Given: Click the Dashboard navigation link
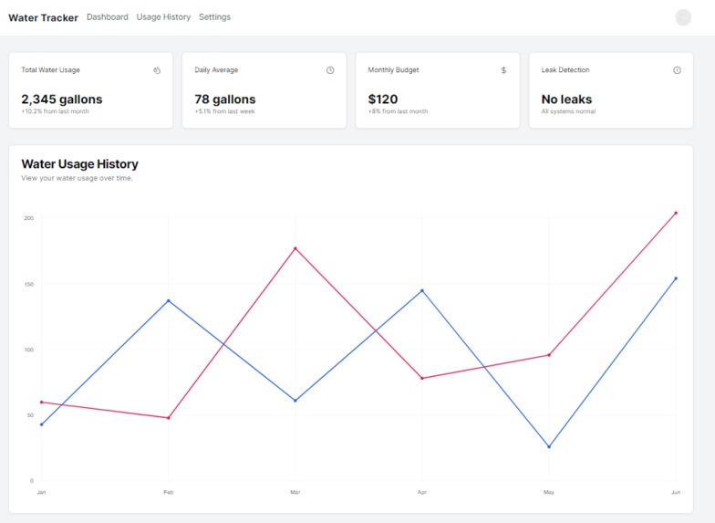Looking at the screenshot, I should (108, 17).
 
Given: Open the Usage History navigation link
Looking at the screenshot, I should (163, 17).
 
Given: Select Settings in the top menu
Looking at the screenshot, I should (214, 17).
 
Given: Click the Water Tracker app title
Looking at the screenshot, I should (43, 17).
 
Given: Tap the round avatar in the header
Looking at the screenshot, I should (683, 17).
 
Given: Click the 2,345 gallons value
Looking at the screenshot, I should (62, 99).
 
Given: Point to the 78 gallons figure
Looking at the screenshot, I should (225, 99).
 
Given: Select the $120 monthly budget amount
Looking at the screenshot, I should (383, 99).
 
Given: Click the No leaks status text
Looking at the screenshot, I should (566, 99).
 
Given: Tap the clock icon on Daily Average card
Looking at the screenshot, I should (330, 70).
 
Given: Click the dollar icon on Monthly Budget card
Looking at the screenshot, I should (503, 70).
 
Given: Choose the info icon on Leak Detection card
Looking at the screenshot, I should (677, 70).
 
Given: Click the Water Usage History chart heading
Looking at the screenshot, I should (80, 164).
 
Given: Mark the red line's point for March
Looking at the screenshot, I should (295, 248).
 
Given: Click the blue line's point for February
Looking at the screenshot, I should (168, 300).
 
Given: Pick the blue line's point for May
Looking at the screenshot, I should (549, 446).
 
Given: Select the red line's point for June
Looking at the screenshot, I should (676, 213).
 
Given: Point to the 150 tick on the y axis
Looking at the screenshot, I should (29, 284).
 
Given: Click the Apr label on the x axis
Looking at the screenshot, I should (421, 492).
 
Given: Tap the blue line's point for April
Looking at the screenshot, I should (421, 290).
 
